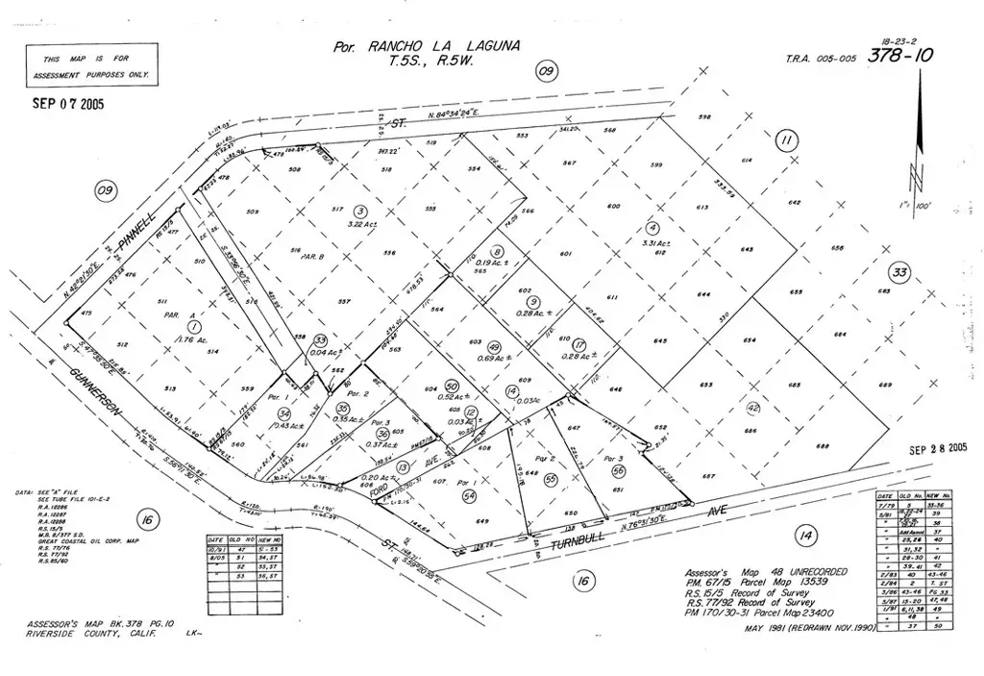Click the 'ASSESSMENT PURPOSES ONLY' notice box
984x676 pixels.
(x=92, y=65)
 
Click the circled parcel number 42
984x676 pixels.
(x=752, y=408)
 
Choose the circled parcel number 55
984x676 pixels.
(x=550, y=480)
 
